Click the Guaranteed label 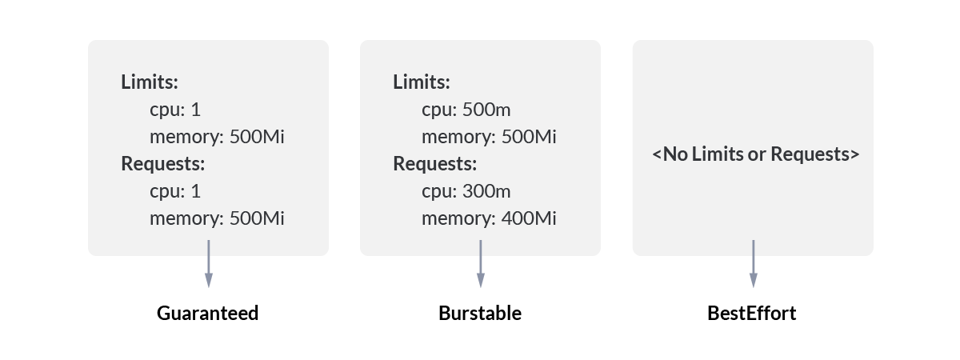[x=208, y=313]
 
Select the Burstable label [x=480, y=313]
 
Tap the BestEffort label [x=752, y=313]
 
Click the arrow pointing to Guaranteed [x=209, y=263]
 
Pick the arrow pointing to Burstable [x=481, y=263]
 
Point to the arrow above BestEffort [x=753, y=263]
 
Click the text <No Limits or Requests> [x=756, y=154]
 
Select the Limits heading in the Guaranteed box [x=150, y=82]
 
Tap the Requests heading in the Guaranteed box [x=163, y=164]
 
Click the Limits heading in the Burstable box [x=422, y=82]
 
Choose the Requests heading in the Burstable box [x=435, y=164]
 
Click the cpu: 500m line [x=466, y=110]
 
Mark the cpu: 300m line [x=466, y=192]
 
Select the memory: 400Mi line [x=489, y=218]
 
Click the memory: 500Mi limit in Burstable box [x=489, y=137]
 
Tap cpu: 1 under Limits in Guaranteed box [x=175, y=110]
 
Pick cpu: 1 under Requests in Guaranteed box [x=175, y=192]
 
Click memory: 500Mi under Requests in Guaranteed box [x=217, y=218]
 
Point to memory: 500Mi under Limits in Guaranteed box [x=217, y=137]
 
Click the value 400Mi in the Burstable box [x=529, y=218]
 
